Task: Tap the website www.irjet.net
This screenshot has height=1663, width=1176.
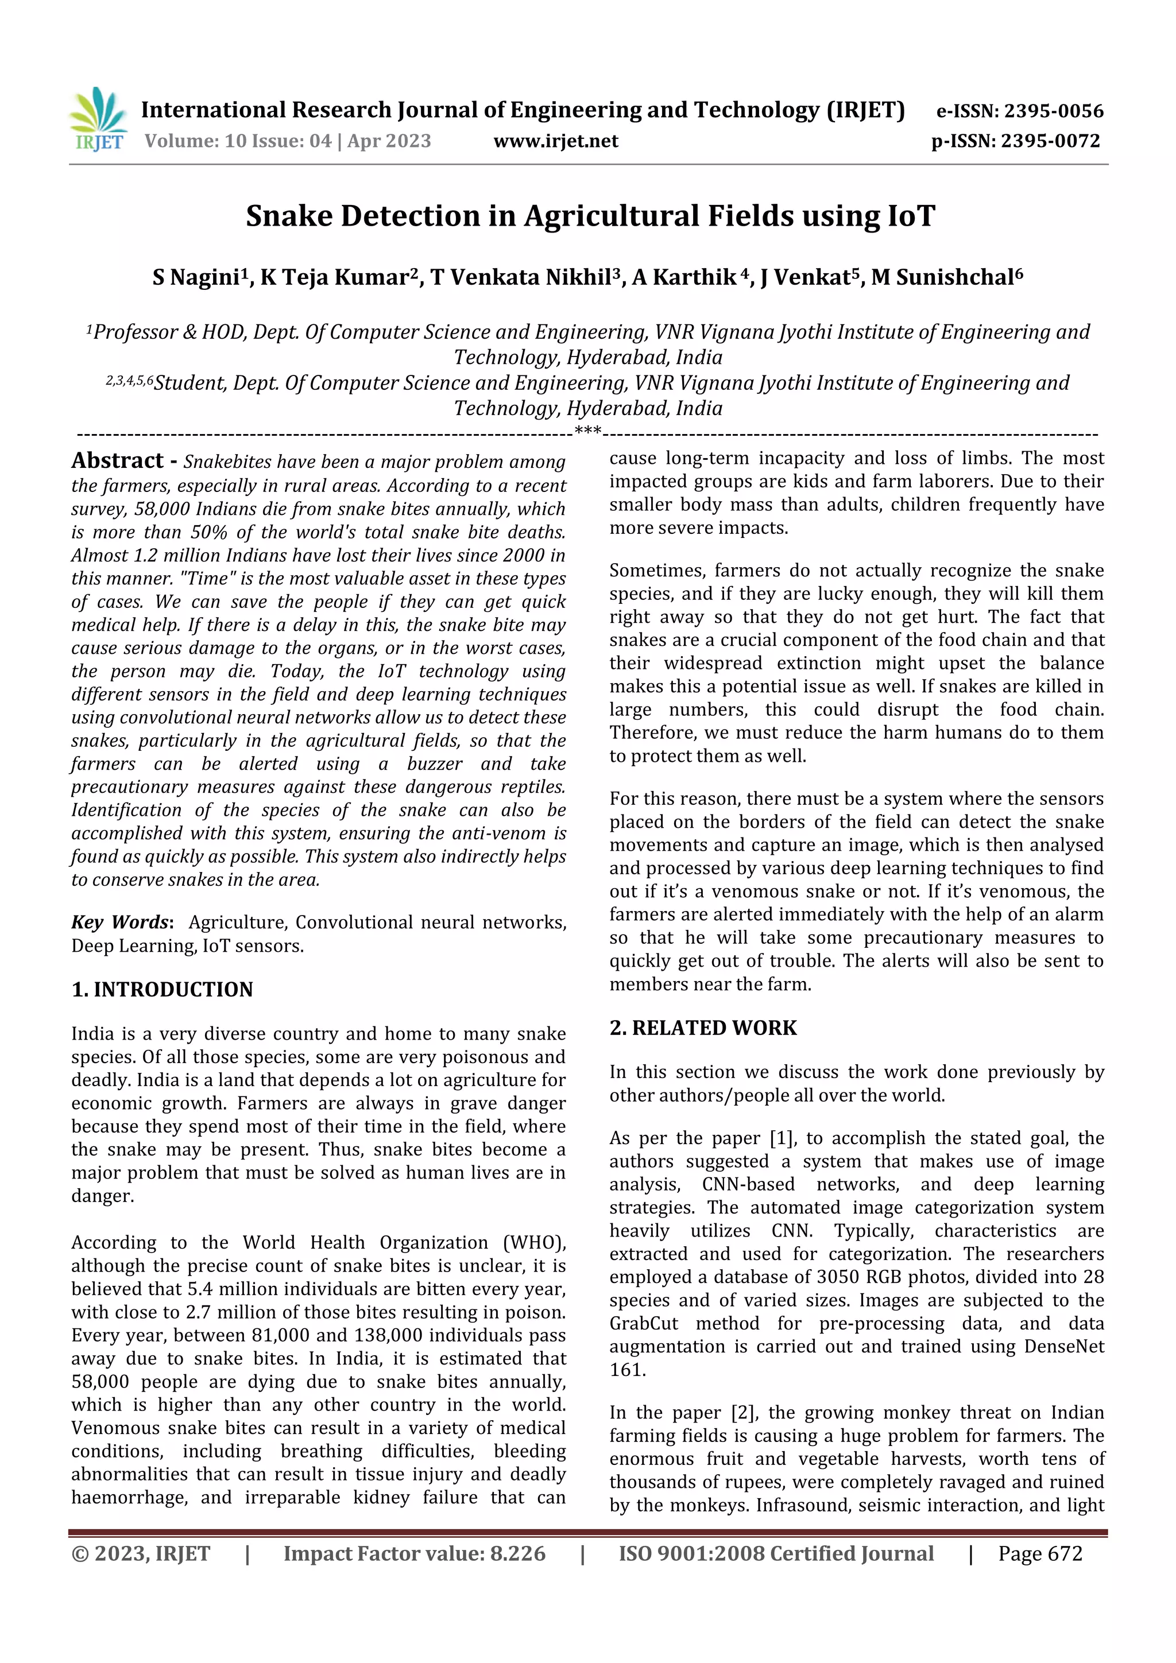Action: pos(556,141)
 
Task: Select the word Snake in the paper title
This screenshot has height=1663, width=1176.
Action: pos(288,216)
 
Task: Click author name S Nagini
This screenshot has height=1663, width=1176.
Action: pos(196,277)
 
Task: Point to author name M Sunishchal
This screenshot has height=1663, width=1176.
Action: pos(946,277)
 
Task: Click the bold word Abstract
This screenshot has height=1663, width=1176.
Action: pos(117,460)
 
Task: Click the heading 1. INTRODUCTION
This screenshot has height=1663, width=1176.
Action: pos(163,990)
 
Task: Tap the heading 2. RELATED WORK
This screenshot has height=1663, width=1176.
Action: pos(703,1028)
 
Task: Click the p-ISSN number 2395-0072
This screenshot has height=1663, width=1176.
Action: pos(1051,141)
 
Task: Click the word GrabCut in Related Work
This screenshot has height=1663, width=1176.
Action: pos(644,1323)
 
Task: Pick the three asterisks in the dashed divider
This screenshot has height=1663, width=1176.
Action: pos(587,432)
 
